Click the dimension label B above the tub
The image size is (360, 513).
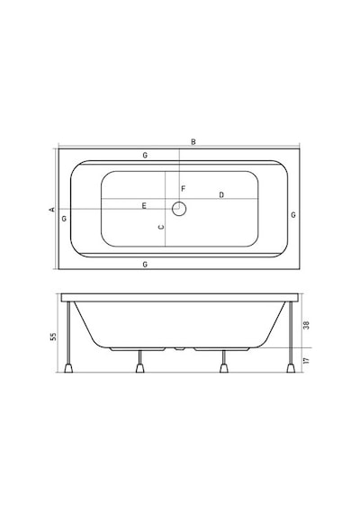193,142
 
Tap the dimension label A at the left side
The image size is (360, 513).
52,210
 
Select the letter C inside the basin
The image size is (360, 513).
161,227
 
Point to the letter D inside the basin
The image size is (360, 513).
221,195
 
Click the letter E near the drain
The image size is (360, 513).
144,206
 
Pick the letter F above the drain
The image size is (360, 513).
184,189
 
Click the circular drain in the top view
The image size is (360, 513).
179,209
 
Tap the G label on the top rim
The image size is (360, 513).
145,156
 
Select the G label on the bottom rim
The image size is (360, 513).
145,265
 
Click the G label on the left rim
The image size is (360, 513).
64,219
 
